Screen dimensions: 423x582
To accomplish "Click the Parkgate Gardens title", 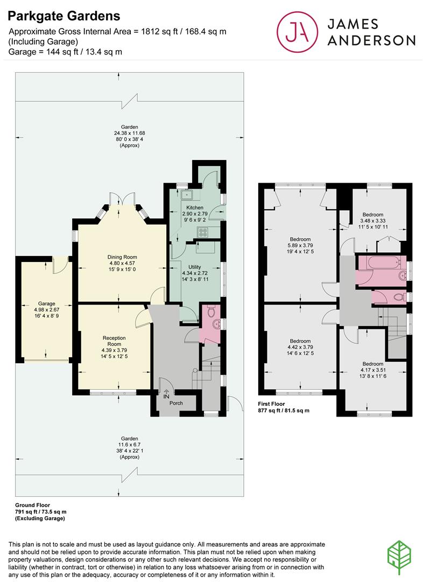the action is coord(64,16).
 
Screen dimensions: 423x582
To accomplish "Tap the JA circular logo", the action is coord(297,32).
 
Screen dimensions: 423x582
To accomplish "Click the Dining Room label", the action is coord(122,257).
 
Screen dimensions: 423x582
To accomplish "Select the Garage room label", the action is coord(46,303).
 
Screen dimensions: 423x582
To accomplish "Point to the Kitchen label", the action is coord(195,207).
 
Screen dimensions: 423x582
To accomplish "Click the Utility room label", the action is coord(195,267).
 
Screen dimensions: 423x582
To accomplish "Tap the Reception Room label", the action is coord(114,341).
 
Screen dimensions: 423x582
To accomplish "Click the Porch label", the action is coord(176,403).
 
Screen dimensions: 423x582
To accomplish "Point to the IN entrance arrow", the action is coord(166,392).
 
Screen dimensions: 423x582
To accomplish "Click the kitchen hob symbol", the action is coord(203,232).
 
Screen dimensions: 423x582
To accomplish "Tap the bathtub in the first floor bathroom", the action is coord(383,263).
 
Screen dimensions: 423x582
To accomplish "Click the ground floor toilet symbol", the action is coord(211,311).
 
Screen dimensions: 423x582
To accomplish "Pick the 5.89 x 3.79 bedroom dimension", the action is coord(300,245).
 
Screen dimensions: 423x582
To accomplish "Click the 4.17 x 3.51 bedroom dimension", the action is coord(373,370).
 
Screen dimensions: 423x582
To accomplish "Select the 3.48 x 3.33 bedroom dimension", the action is coord(373,220).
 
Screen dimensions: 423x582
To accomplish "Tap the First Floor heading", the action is coord(271,404).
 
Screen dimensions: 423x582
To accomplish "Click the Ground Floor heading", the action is coord(33,505).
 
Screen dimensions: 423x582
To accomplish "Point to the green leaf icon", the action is coord(399,558).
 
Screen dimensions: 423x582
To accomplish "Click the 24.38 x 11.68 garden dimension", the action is coord(129,133).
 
